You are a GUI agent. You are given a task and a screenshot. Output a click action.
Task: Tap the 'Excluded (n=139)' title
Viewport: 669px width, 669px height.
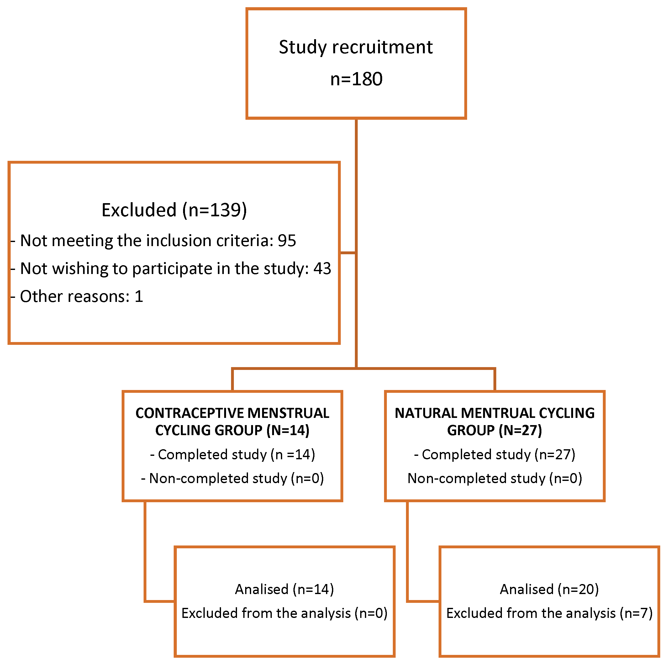tap(174, 210)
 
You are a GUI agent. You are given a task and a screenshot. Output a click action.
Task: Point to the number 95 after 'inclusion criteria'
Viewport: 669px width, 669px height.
tap(287, 241)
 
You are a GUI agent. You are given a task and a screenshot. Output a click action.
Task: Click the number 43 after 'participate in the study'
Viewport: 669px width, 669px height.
tap(322, 268)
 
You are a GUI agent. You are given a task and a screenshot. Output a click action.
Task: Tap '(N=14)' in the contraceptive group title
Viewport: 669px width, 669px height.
tap(288, 430)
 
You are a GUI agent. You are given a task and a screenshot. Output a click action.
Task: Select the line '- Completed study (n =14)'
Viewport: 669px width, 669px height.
tap(233, 455)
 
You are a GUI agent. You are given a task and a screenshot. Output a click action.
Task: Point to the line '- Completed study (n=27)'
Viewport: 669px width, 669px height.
tap(494, 455)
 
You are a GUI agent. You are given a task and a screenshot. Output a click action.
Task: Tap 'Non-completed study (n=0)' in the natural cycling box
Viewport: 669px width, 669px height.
tap(494, 478)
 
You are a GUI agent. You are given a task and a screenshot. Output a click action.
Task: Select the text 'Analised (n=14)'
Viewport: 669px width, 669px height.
tap(284, 589)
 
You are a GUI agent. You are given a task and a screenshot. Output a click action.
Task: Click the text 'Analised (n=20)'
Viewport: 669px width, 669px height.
tap(549, 589)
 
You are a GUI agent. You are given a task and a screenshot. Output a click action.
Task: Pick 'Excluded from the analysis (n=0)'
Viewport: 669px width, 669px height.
tap(284, 613)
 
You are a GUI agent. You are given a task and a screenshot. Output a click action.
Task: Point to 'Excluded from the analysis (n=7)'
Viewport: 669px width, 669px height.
tap(549, 613)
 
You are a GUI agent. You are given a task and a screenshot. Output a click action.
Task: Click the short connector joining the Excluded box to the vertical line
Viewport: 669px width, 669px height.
tap(348, 253)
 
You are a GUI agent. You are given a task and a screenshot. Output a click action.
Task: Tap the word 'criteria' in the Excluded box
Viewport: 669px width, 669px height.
tap(245, 241)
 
